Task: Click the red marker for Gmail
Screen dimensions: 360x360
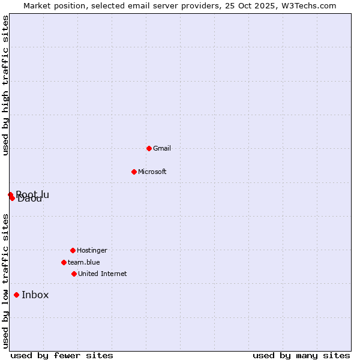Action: pyautogui.click(x=149, y=148)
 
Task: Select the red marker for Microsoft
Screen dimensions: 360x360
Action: pyautogui.click(x=134, y=172)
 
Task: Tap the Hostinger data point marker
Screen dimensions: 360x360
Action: pyautogui.click(x=73, y=250)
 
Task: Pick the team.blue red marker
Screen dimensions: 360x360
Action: pyautogui.click(x=64, y=262)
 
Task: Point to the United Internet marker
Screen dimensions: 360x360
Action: pyautogui.click(x=74, y=274)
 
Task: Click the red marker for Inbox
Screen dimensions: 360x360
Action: pyautogui.click(x=16, y=295)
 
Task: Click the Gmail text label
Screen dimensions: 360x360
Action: pyautogui.click(x=162, y=148)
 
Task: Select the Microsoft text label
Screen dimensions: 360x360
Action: pyautogui.click(x=152, y=172)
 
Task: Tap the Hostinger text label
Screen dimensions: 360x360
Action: pyautogui.click(x=92, y=250)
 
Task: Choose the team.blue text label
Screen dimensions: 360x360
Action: pyautogui.click(x=84, y=262)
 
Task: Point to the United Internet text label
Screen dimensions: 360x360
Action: pyautogui.click(x=103, y=274)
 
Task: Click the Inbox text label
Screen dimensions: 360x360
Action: pyautogui.click(x=35, y=295)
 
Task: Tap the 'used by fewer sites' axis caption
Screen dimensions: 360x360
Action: pyautogui.click(x=62, y=355)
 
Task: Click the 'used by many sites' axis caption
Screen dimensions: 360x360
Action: pyautogui.click(x=301, y=355)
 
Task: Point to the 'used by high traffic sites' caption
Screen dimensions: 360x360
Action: pyautogui.click(x=5, y=85)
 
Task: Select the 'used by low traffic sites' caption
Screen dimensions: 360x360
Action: pyautogui.click(x=5, y=281)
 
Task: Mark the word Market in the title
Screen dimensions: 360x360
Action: pyautogui.click(x=38, y=5)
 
